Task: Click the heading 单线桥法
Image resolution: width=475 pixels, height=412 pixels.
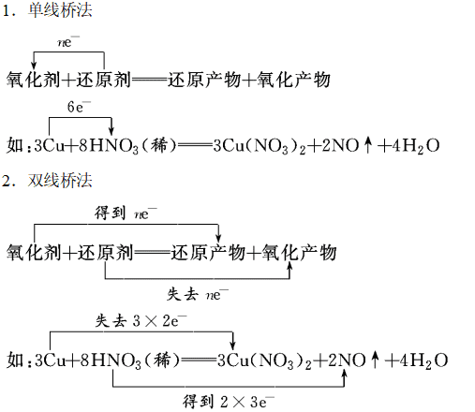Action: coord(60,10)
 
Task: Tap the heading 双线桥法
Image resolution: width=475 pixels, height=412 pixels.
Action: coord(60,181)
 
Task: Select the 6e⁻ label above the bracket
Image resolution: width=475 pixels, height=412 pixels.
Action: coord(79,107)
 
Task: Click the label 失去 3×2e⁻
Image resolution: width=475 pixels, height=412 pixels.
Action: coord(141,321)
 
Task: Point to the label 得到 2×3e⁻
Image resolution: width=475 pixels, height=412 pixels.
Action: coord(229,402)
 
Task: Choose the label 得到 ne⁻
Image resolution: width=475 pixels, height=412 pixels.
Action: coord(126,213)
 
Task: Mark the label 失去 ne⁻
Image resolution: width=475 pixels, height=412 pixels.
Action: coord(198,294)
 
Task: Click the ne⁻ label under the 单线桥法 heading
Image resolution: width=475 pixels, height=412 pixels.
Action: coord(68,42)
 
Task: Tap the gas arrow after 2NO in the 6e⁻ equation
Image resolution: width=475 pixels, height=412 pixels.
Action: coord(368,145)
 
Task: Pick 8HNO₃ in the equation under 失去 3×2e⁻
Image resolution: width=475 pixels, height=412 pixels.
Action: coord(111,360)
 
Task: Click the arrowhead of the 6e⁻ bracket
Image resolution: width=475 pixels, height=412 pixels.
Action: coord(111,131)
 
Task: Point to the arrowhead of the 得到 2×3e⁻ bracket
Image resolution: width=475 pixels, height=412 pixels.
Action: coord(344,375)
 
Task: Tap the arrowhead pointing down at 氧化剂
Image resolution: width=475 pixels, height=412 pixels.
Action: coord(34,65)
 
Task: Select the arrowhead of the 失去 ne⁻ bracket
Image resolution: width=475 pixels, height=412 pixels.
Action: coord(289,267)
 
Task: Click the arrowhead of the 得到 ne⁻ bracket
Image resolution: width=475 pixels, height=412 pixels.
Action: coord(218,238)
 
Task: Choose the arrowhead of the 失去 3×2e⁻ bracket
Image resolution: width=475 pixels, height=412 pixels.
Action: coord(232,346)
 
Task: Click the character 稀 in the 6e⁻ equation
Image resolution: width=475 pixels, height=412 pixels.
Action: coord(159,145)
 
